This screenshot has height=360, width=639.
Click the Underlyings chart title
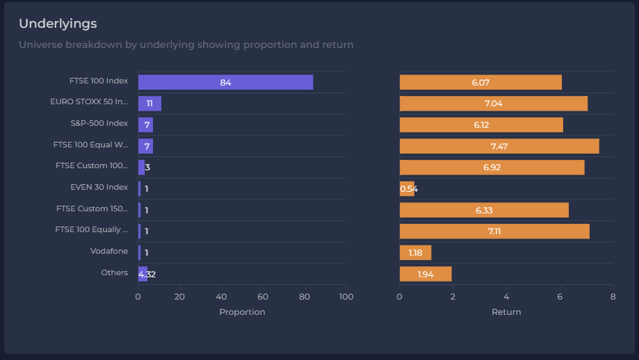point(58,24)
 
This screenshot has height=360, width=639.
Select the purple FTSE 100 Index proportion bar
point(225,82)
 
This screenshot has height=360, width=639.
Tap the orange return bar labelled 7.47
point(499,146)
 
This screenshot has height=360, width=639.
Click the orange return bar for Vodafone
point(415,252)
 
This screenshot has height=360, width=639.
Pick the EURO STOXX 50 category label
point(89,101)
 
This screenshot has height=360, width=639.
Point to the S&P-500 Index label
point(99,123)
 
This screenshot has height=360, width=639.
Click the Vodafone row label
point(109,251)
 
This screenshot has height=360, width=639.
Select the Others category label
point(114,272)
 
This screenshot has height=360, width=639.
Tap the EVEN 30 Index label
point(99,187)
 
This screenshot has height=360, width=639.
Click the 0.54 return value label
point(409,189)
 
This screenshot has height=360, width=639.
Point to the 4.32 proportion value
point(147,275)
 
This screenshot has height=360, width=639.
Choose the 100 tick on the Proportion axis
point(346,297)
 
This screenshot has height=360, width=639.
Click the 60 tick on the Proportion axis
point(264,297)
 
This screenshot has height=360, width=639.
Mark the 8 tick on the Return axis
point(613,297)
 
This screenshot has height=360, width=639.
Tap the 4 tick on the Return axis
point(506,297)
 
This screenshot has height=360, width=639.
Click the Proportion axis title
point(242,312)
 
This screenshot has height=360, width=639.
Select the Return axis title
point(506,312)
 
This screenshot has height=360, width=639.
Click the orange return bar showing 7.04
point(493,104)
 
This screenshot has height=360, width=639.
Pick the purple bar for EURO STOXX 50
point(149,104)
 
